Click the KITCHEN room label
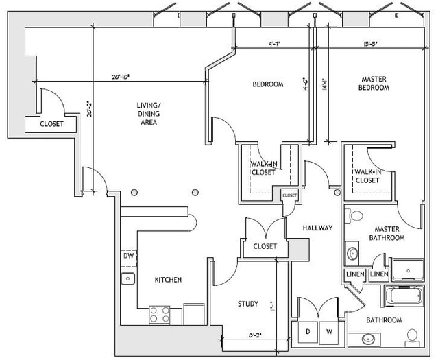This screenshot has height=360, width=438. coord(168,280)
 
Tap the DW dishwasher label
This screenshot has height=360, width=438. coord(128,256)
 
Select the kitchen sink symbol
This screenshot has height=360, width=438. coord(127,278)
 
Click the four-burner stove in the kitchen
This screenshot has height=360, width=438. coord(159,315)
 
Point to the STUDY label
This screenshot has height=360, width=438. coord(247,304)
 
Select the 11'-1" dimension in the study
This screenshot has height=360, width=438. coord(273,304)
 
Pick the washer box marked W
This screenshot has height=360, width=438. coord(330,331)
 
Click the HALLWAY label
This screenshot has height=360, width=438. coord(317,228)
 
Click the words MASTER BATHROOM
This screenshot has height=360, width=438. coord(389,233)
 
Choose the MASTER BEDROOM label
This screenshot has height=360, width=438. coord(374,84)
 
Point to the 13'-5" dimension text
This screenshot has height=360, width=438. coord(371,43)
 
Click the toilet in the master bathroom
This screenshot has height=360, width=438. coord(356,215)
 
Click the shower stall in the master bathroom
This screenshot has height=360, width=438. coord(409,271)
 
